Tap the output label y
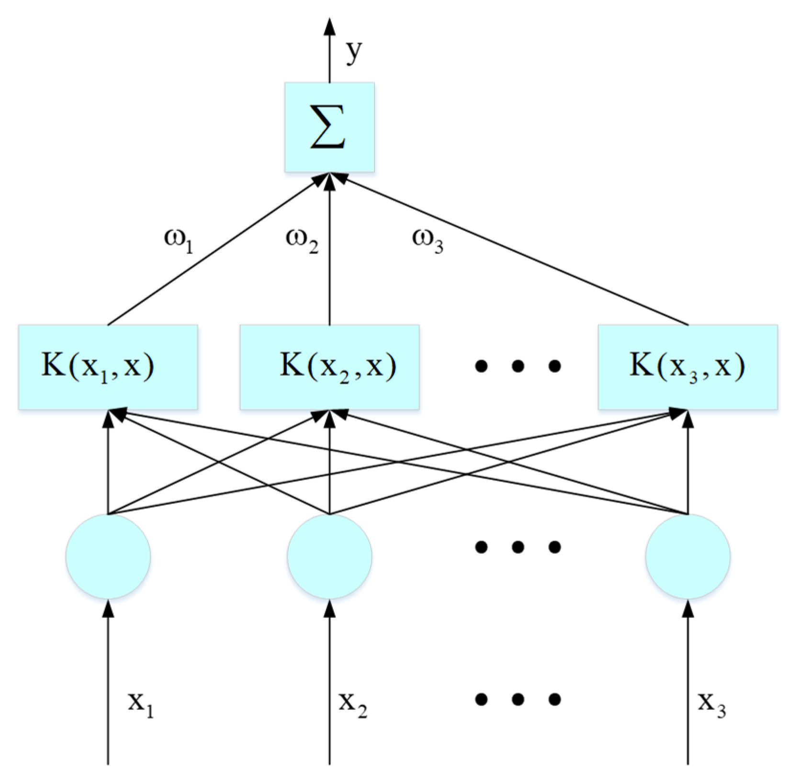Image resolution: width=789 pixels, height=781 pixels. (x=354, y=52)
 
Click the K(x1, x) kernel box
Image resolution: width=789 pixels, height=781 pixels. (x=108, y=367)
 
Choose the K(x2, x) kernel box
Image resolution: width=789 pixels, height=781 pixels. (x=329, y=367)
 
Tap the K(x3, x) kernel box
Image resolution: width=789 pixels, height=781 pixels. (x=688, y=367)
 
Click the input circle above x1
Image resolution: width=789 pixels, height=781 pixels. (x=108, y=556)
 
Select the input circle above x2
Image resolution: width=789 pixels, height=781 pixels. (x=329, y=556)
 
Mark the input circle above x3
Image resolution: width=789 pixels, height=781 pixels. (x=688, y=556)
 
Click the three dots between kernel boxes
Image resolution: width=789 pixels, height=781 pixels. (x=518, y=367)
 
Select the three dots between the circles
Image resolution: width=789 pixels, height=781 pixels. (x=518, y=546)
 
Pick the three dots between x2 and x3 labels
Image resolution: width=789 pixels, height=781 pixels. (x=518, y=699)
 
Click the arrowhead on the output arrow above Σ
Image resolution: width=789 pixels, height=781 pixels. (x=329, y=26)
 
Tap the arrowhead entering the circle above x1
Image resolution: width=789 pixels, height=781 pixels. (x=108, y=609)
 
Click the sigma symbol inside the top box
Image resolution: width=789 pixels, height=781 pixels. (x=328, y=127)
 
